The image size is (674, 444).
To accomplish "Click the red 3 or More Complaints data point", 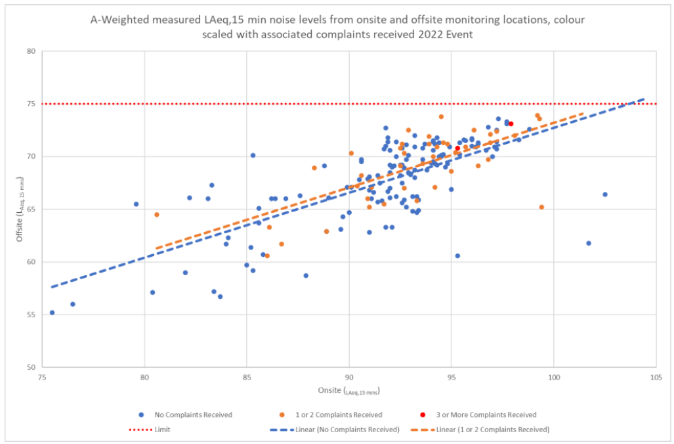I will (x=511, y=123).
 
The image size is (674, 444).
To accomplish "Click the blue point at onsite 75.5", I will (x=53, y=313).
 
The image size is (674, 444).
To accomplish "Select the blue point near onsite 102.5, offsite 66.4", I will (x=605, y=194).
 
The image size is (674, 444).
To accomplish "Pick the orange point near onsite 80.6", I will (x=157, y=215).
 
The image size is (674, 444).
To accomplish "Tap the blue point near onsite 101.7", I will (x=589, y=243).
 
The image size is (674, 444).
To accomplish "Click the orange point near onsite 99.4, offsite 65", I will (x=541, y=207).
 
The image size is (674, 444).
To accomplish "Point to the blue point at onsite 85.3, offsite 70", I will (x=253, y=156).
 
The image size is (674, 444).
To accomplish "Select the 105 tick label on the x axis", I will (x=656, y=378).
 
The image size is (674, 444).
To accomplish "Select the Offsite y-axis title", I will (x=20, y=209).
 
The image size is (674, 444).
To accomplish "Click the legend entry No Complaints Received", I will (x=193, y=415).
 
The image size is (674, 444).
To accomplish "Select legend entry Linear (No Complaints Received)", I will (x=342, y=430).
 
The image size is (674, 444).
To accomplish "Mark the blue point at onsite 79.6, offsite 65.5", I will (x=137, y=204).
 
